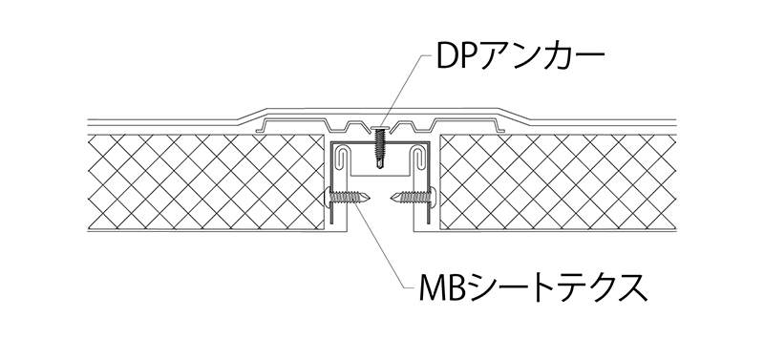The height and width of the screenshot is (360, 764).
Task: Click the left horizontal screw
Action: pyautogui.click(x=351, y=199)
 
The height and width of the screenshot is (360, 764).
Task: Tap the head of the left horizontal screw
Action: pyautogui.click(x=333, y=199)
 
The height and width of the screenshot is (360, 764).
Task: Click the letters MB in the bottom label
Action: pyautogui.click(x=429, y=286)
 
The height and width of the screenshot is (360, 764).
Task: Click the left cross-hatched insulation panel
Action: pyautogui.click(x=205, y=181)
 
